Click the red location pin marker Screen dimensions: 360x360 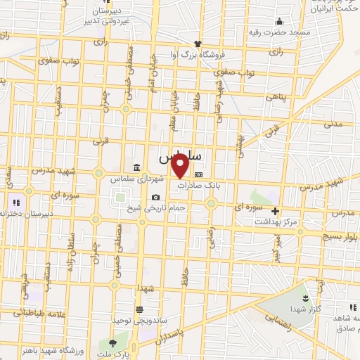tap(180, 166)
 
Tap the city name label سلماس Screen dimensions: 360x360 tap(181, 154)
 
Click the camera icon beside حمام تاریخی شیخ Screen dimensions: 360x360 tap(155, 197)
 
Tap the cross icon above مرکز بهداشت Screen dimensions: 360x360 tap(275, 210)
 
